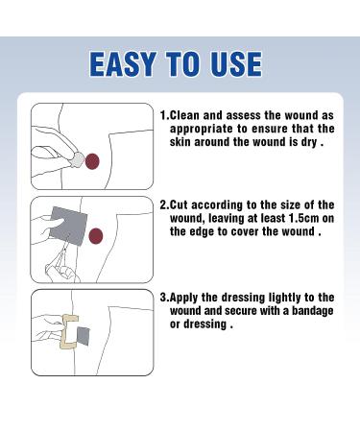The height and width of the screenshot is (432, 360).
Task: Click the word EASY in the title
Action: click(123, 64)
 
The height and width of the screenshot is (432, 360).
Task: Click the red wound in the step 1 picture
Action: click(92, 161)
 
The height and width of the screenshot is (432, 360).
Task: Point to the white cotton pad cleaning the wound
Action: click(77, 160)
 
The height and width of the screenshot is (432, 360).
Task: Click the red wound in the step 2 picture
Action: click(95, 236)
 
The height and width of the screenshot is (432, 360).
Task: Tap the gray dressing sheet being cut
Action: click(68, 226)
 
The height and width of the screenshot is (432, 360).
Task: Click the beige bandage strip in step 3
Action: click(67, 331)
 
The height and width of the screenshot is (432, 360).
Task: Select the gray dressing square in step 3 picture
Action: click(83, 336)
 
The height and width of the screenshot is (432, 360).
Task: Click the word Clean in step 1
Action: click(184, 115)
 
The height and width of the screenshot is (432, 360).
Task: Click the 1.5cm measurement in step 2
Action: click(304, 218)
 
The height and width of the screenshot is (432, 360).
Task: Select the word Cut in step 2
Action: click(179, 204)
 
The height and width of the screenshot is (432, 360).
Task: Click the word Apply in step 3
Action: click(184, 298)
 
